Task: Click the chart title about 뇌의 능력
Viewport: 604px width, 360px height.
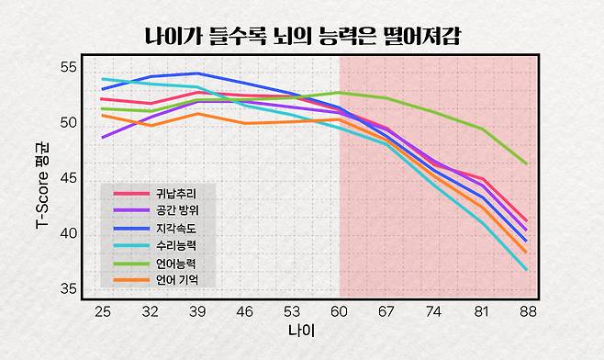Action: tap(302, 38)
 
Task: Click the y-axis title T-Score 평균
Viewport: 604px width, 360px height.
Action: tap(42, 178)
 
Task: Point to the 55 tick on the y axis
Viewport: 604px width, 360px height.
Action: tap(69, 67)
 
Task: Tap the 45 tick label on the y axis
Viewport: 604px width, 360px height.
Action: tap(69, 178)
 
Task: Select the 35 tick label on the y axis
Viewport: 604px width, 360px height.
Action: tap(69, 288)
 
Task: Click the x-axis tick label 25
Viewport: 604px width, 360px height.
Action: tap(103, 312)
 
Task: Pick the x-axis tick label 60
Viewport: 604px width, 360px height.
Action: tap(340, 312)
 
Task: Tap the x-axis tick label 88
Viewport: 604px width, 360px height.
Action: tap(526, 312)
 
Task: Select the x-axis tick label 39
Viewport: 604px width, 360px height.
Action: tap(197, 312)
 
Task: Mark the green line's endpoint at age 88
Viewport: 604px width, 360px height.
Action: tap(526, 163)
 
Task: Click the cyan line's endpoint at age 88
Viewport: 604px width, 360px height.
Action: tap(526, 270)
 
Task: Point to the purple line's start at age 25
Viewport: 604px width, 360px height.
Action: tap(103, 137)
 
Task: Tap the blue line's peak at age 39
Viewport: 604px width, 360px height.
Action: tap(197, 73)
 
